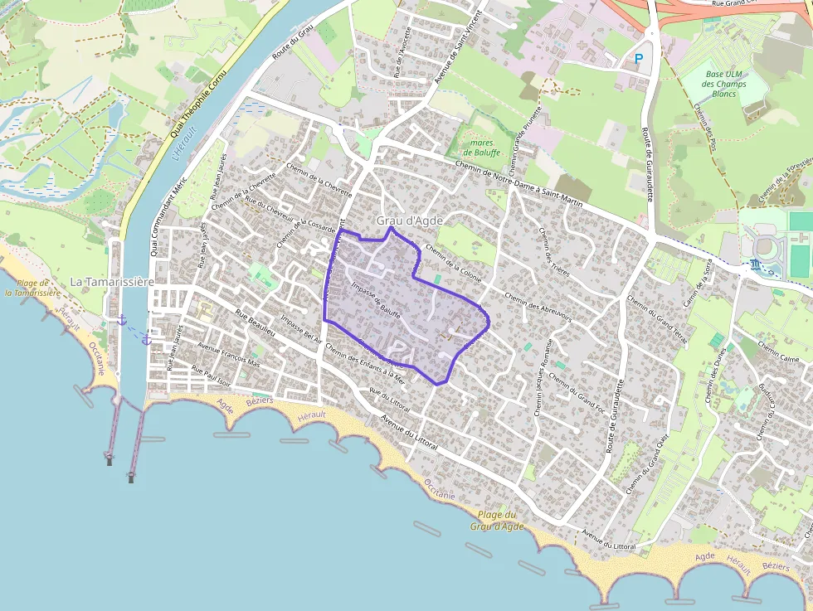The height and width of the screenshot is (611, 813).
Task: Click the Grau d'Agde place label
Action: (410, 221)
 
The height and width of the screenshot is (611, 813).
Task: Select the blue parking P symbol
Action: (638, 59)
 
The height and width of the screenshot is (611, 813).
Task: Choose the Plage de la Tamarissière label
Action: (32, 289)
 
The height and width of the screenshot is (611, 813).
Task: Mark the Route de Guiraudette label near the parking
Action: (646, 162)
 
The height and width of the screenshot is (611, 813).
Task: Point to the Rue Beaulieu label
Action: (254, 320)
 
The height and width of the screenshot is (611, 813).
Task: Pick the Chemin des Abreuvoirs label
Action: (538, 308)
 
